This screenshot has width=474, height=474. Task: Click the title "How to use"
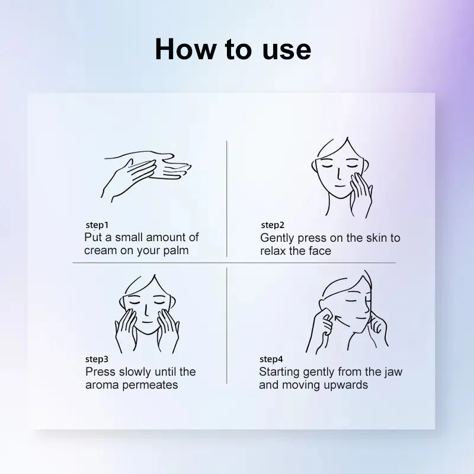(x=233, y=50)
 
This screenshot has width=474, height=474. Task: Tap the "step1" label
(x=97, y=225)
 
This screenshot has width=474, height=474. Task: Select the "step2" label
(x=273, y=225)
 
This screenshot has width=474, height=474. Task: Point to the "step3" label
(x=97, y=359)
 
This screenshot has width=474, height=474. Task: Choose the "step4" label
(x=271, y=359)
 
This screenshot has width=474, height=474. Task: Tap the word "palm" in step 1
(x=175, y=251)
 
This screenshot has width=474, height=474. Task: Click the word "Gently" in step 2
(x=277, y=239)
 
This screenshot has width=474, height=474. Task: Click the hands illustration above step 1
(x=145, y=176)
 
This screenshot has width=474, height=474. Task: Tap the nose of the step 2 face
(x=340, y=175)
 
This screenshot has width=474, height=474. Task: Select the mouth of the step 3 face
(x=147, y=322)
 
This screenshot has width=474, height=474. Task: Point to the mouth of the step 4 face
(x=360, y=318)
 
